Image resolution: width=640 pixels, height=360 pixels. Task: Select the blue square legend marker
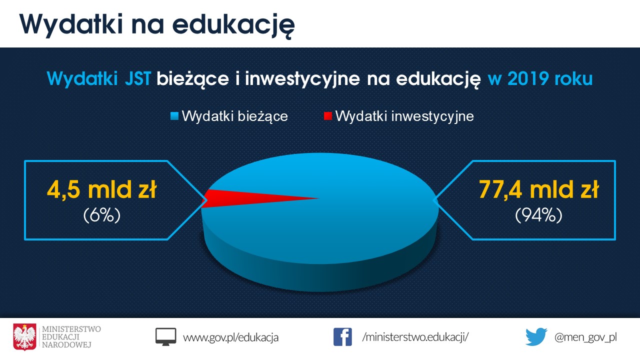(x=174, y=116)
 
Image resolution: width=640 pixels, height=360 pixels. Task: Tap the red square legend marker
(x=327, y=116)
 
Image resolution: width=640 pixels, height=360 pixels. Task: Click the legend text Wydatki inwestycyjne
(x=404, y=116)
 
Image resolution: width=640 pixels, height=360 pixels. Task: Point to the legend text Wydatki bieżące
(x=235, y=116)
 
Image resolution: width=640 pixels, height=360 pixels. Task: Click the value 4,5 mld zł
(x=102, y=189)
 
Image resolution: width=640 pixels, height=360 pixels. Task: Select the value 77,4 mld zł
(x=538, y=189)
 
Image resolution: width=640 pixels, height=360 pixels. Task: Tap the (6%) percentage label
(x=102, y=215)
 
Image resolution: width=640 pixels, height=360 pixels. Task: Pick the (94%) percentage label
(x=538, y=215)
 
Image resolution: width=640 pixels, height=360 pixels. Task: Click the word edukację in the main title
(x=233, y=25)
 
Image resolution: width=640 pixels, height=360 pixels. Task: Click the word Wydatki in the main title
(x=71, y=24)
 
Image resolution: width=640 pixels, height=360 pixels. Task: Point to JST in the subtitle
(x=137, y=78)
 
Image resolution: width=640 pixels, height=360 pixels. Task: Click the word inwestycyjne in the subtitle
(x=302, y=79)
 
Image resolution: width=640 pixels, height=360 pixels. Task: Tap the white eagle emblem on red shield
(x=25, y=337)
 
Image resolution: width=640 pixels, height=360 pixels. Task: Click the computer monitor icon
(x=165, y=337)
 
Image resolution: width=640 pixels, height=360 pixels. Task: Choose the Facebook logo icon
(x=342, y=337)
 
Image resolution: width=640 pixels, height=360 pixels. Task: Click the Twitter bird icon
(x=536, y=337)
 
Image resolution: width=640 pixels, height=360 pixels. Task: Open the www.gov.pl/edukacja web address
(x=230, y=337)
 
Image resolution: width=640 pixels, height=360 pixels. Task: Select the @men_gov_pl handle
(x=585, y=337)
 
